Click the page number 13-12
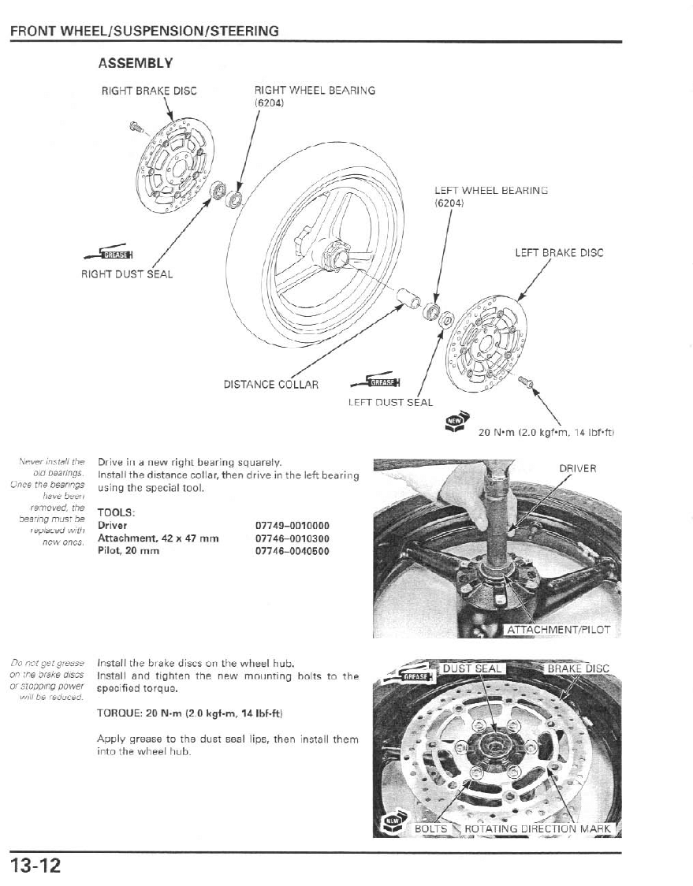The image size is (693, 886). point(35,865)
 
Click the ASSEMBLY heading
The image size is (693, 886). point(135,62)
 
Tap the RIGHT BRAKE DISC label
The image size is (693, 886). point(149,91)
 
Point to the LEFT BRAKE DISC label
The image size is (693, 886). point(558,253)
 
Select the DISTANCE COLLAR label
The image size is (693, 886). point(271,385)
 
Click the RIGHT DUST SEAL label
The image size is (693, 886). point(127,274)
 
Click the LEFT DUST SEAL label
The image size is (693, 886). point(390,403)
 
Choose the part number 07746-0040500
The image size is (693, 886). point(292,551)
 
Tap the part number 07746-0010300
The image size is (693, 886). point(292,538)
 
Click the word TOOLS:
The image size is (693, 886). point(117,512)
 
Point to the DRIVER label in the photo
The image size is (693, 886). point(578,469)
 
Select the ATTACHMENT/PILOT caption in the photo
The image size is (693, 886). point(558,629)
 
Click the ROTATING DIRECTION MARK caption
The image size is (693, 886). point(538,828)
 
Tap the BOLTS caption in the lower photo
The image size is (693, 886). point(430,828)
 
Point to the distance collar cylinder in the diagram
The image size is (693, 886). point(409,299)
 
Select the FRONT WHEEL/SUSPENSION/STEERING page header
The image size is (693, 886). point(144,32)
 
